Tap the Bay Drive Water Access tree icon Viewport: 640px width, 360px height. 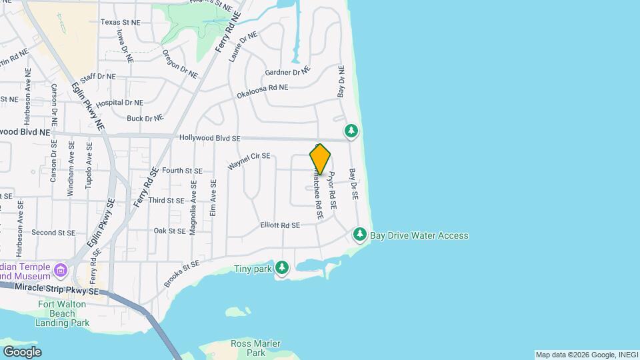(360, 234)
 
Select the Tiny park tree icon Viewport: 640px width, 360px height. (283, 268)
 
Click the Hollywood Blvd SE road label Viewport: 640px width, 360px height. (209, 138)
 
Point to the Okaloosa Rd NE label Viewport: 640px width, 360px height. (263, 91)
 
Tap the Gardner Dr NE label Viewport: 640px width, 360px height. (287, 71)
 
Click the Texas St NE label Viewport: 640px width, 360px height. (121, 22)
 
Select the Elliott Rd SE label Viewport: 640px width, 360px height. (280, 225)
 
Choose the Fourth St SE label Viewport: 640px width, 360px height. (181, 171)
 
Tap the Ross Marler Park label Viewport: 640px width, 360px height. (248, 347)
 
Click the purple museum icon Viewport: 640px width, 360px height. (61, 270)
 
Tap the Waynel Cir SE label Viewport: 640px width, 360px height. (249, 161)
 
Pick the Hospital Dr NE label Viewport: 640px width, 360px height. (119, 103)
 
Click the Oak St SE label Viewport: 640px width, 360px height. (169, 231)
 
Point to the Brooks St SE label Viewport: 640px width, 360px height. (181, 274)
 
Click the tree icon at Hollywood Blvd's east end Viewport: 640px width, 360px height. (351, 130)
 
